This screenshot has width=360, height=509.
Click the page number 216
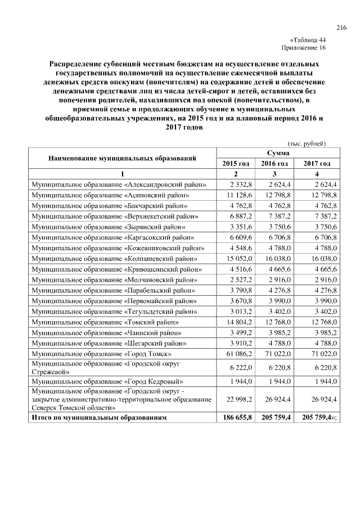pos(341,28)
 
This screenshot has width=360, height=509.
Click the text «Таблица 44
pos(308,40)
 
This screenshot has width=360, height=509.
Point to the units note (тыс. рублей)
pos(307,143)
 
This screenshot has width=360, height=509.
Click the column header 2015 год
pos(236,163)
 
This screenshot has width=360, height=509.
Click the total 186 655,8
pos(236,418)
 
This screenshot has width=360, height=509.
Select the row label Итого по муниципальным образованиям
pos(100,418)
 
